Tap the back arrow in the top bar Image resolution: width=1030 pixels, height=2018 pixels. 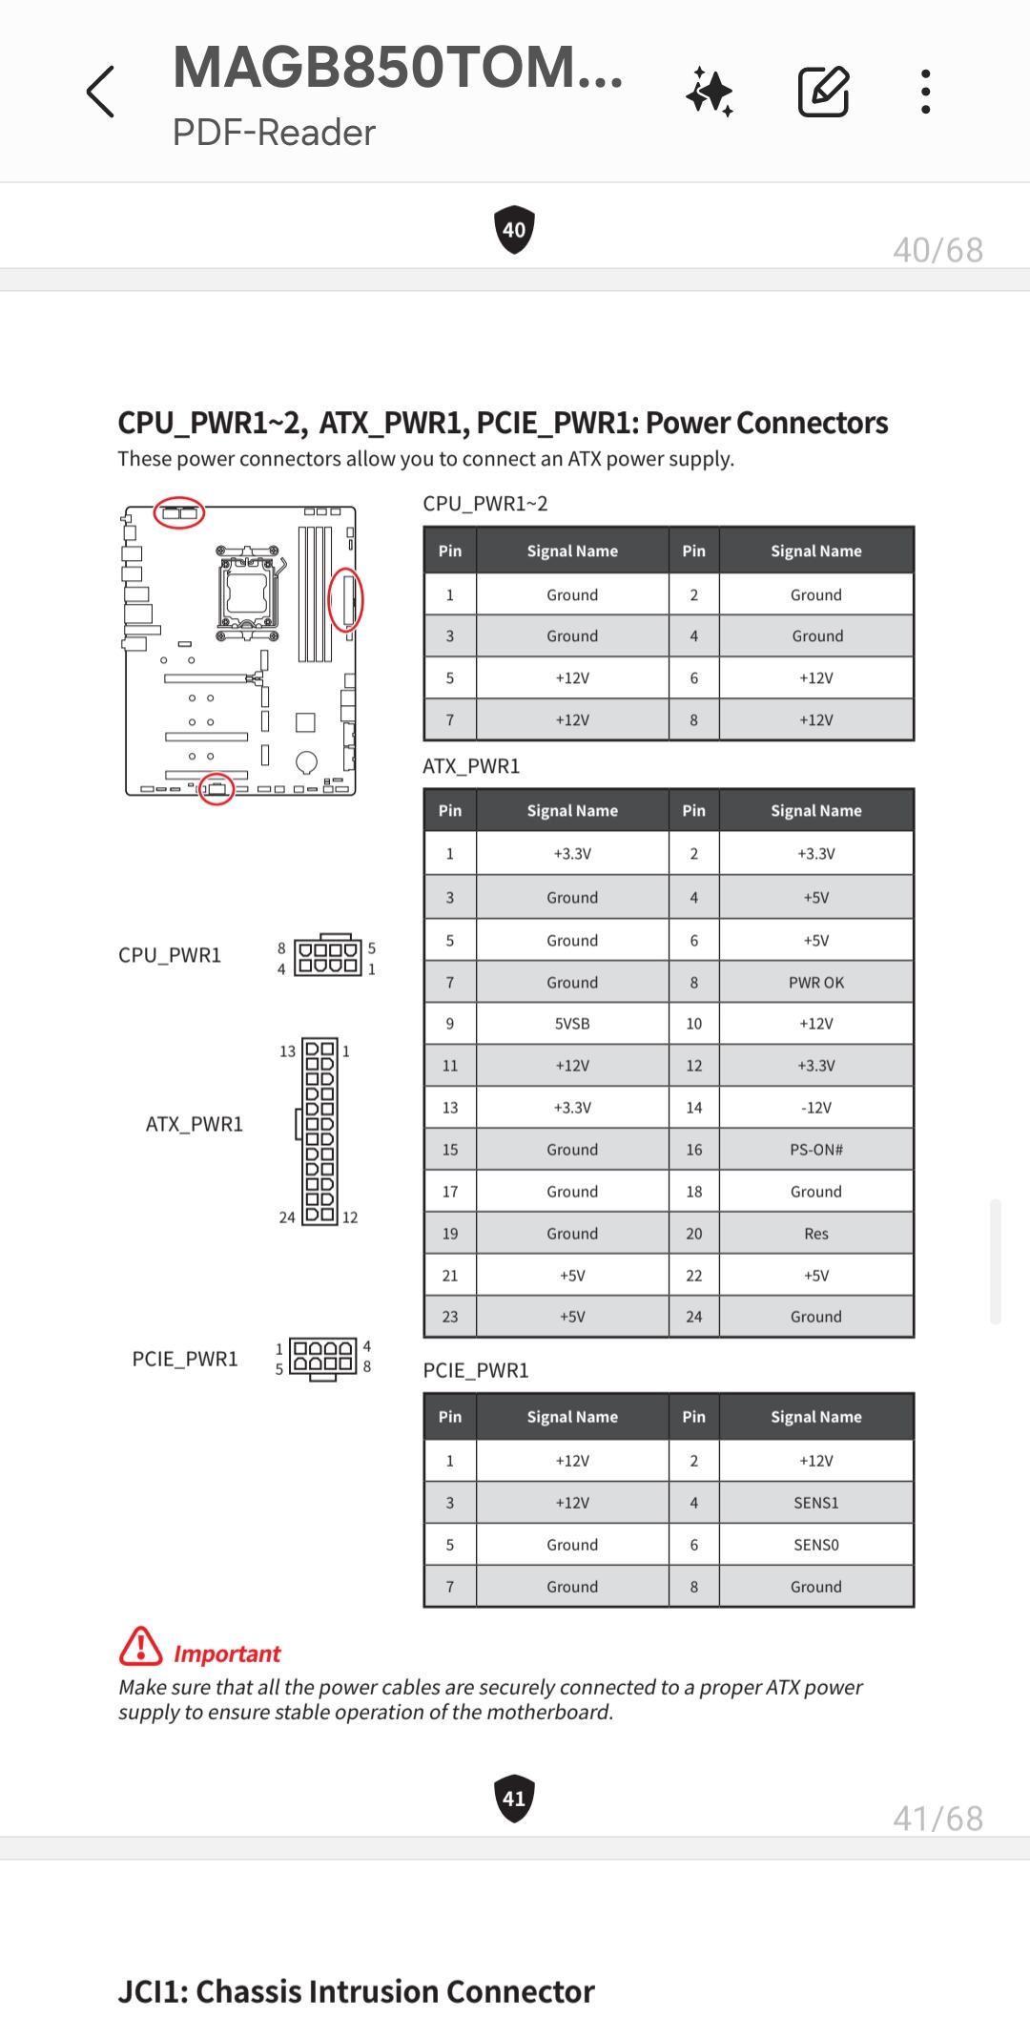(x=101, y=92)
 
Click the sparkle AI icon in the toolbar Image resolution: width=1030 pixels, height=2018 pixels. (x=710, y=93)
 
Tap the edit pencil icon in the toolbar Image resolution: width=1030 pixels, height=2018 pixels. (x=823, y=92)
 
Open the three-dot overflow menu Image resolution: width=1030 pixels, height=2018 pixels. (x=925, y=92)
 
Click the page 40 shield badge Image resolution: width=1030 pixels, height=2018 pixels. (x=514, y=230)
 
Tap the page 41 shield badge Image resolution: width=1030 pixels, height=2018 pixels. (x=514, y=1799)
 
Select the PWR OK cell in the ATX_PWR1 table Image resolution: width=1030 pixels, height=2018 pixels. (x=816, y=982)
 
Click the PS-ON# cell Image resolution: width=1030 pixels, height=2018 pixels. (x=816, y=1150)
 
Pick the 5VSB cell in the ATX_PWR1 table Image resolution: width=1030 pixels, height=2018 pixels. (x=572, y=1024)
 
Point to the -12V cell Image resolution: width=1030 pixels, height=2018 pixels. (x=816, y=1108)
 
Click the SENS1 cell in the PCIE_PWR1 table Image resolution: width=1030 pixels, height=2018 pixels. (x=816, y=1503)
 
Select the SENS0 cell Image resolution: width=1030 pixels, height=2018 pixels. (x=816, y=1545)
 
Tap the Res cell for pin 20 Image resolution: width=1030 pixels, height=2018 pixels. (x=816, y=1234)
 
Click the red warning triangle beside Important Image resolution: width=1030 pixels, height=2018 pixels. (x=140, y=1646)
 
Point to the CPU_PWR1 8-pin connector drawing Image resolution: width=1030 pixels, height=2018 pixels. (x=328, y=956)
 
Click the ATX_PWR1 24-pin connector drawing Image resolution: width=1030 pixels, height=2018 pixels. (x=319, y=1132)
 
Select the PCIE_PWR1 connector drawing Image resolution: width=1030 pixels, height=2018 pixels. (x=323, y=1359)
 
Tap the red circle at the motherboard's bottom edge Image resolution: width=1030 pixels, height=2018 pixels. (x=216, y=789)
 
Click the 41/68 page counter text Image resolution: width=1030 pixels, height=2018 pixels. (x=937, y=1819)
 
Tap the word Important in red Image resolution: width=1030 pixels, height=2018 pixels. (x=227, y=1654)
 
